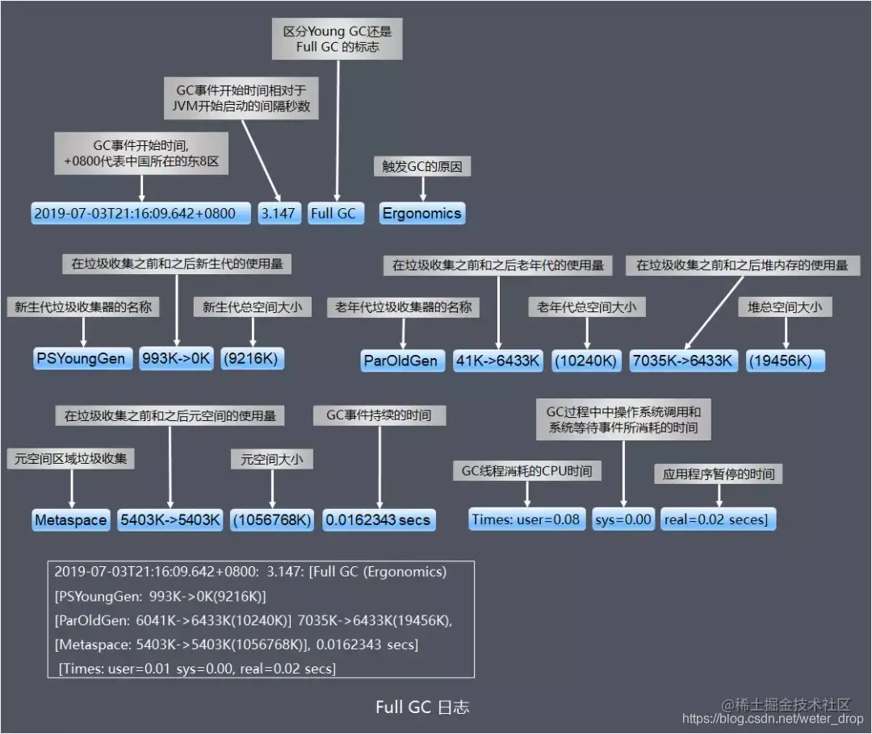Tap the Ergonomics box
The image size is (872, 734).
[x=422, y=214]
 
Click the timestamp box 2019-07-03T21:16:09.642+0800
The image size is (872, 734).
[x=135, y=214]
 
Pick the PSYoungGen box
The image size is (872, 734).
[x=82, y=359]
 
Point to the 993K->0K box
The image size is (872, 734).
[x=176, y=359]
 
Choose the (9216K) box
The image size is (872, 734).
[x=254, y=359]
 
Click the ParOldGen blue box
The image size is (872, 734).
[x=400, y=361]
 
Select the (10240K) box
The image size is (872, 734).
[x=585, y=361]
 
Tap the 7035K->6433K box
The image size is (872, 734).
[x=683, y=361]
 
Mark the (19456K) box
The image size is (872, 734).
[x=785, y=361]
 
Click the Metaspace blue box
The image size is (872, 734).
[x=70, y=520]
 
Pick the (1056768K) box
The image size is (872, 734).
[x=271, y=520]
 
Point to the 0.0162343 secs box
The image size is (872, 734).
[x=379, y=520]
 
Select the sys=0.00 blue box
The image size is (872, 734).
[x=623, y=519]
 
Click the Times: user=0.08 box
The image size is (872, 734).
[x=526, y=519]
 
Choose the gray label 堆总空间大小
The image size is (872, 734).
[x=785, y=307]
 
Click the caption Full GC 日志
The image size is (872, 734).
[x=422, y=707]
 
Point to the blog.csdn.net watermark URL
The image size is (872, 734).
[x=773, y=719]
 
